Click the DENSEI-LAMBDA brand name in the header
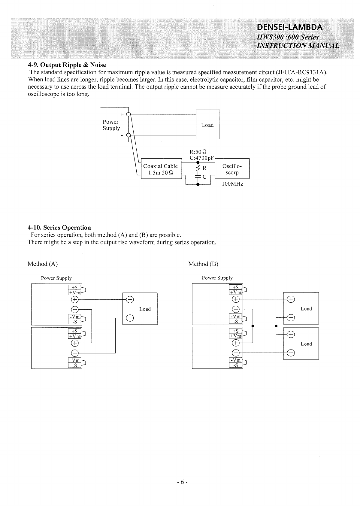click(x=289, y=27)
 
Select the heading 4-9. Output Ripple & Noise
click(x=67, y=65)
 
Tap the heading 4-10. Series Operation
click(x=59, y=227)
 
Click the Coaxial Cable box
click(x=161, y=168)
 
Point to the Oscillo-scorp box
click(x=232, y=168)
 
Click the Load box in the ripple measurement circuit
click(x=207, y=124)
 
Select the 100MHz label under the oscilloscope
click(x=232, y=184)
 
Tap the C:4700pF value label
click(x=201, y=158)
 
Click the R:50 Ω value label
click(x=198, y=152)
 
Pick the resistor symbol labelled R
click(x=198, y=168)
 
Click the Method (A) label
click(x=42, y=264)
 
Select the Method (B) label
click(x=203, y=264)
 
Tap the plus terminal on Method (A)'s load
click(x=130, y=299)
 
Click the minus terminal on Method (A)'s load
click(x=130, y=318)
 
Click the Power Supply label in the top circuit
click(x=111, y=125)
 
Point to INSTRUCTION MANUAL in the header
click(x=298, y=46)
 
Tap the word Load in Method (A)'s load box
click(x=145, y=309)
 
